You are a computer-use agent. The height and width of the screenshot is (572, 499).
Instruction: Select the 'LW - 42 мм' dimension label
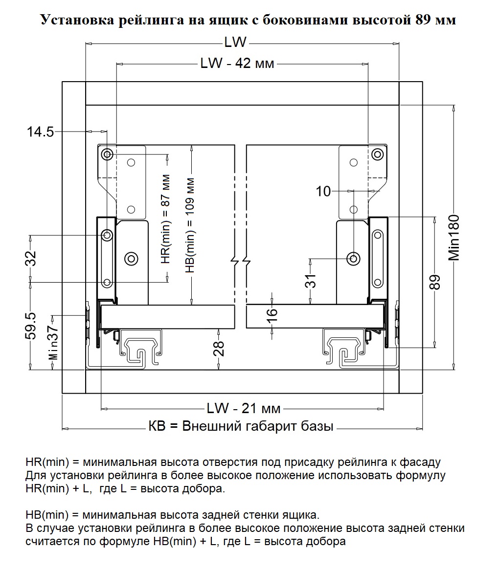tap(237, 64)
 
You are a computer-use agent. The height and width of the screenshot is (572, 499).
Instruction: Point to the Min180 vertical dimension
tap(454, 237)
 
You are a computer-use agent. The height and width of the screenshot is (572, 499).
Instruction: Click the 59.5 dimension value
tap(31, 326)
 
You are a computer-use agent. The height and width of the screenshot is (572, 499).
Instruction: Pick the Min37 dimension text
tap(53, 344)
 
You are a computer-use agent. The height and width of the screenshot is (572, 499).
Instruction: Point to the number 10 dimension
tap(323, 191)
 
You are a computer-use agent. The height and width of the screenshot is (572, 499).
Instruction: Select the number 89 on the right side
tap(435, 282)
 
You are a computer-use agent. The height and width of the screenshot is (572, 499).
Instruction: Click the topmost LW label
tap(235, 43)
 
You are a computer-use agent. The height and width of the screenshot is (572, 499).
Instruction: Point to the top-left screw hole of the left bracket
tap(107, 155)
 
